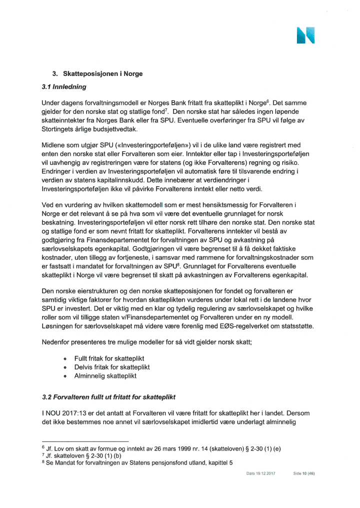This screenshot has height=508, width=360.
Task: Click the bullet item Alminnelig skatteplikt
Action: coord(105,376)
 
